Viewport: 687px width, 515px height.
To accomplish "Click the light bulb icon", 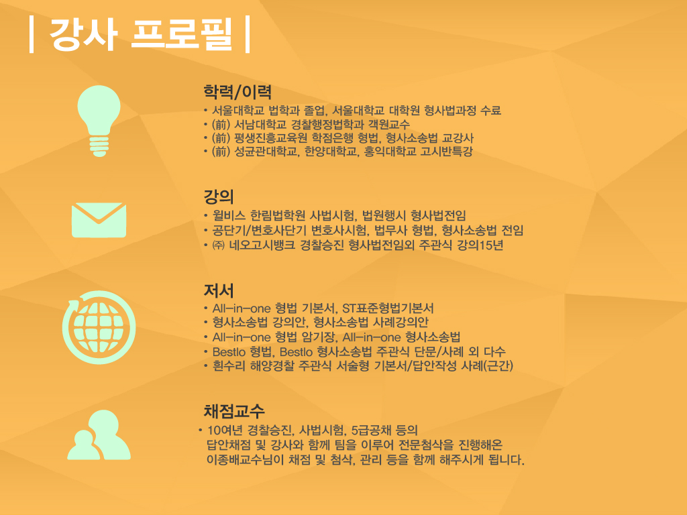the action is click(99, 121).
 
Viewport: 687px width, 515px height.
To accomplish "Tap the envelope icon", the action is click(99, 220).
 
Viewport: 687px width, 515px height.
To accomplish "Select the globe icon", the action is click(99, 327).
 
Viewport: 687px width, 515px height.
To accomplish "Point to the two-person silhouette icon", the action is click(99, 435).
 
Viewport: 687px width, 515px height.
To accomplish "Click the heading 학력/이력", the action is click(237, 92).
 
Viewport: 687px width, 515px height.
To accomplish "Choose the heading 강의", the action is click(219, 196).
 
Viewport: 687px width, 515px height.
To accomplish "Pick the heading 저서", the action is click(219, 290).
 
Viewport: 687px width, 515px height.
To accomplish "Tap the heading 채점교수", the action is click(234, 411).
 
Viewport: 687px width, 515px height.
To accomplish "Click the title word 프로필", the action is click(181, 34).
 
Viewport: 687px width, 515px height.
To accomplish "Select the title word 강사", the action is click(84, 34).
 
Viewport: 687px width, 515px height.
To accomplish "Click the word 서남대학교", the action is click(260, 124).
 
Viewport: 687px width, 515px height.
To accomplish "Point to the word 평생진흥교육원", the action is click(271, 138).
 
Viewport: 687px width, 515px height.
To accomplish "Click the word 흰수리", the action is click(229, 365).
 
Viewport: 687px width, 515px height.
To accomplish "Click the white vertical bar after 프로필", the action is click(248, 34).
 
